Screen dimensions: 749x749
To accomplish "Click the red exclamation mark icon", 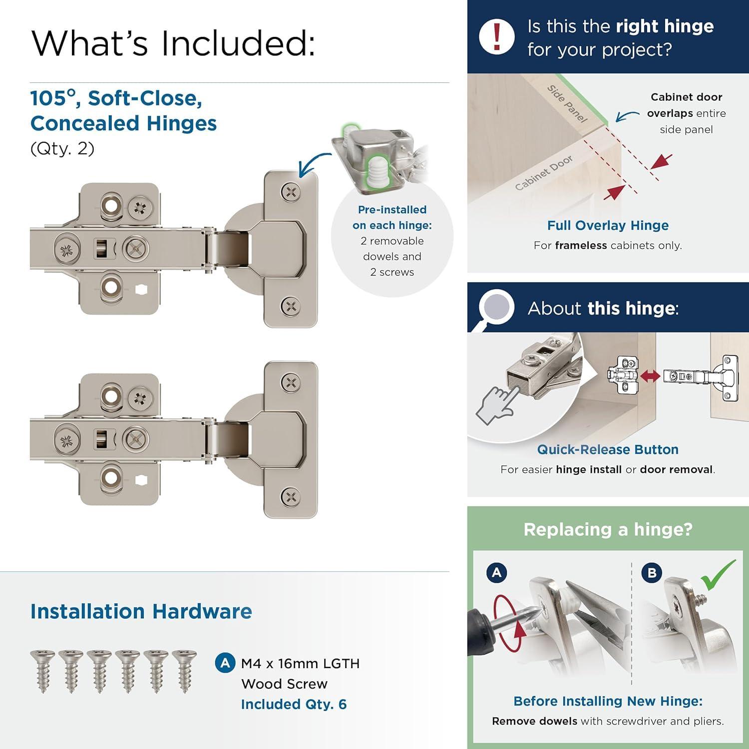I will [496, 36].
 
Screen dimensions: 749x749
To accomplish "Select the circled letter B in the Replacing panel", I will [652, 572].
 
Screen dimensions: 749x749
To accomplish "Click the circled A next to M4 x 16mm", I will [225, 663].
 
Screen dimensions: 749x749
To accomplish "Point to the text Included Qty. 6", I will [294, 704].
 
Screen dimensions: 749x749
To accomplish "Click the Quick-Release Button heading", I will [608, 449].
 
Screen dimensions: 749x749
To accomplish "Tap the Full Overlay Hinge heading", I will [608, 225].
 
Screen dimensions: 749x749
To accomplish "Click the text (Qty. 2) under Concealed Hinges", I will [62, 149].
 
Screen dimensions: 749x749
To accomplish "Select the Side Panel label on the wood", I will [567, 103].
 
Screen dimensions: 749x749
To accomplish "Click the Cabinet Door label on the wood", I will [544, 173].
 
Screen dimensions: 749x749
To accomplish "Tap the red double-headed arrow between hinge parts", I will [650, 375].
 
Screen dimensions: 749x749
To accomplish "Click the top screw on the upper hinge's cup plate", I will [291, 192].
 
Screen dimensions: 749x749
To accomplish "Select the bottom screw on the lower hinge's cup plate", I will [291, 497].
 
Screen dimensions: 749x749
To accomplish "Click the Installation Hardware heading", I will [141, 611].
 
